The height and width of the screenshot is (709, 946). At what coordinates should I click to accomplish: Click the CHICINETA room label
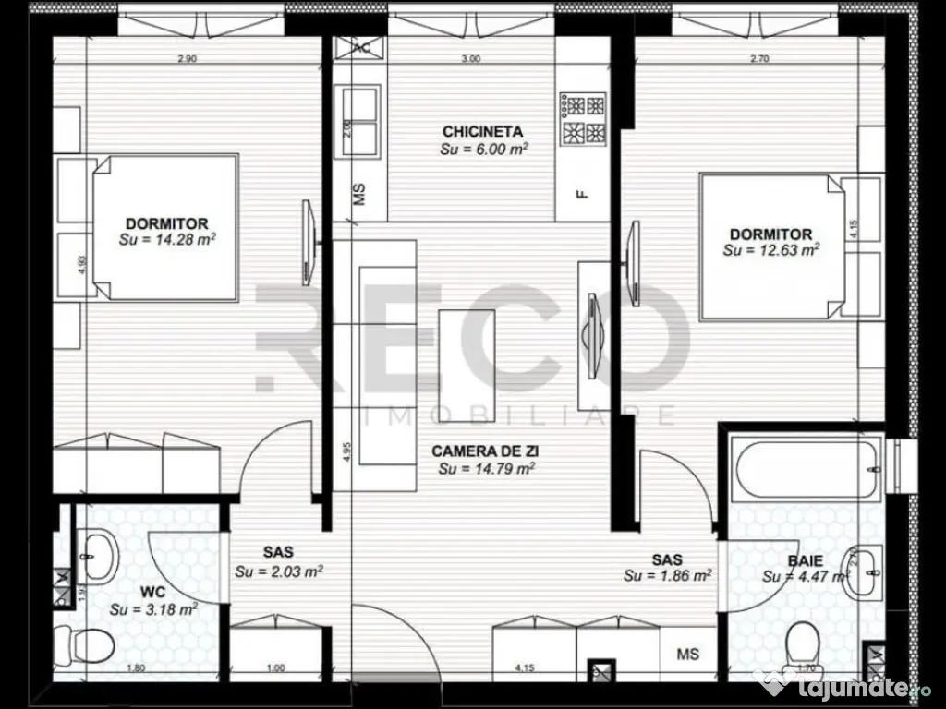point(482,131)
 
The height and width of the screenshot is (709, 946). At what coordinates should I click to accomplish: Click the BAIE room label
point(805,559)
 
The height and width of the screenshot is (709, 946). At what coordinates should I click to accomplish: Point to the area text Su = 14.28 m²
point(167,239)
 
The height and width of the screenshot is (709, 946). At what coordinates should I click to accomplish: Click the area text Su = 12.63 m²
point(770,250)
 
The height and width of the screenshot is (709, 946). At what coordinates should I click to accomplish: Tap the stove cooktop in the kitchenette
point(583,118)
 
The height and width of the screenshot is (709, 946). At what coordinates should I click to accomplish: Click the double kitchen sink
point(360,121)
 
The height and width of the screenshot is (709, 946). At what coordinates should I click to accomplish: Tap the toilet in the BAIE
point(804,643)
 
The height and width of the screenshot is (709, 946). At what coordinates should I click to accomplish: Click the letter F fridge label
point(581,194)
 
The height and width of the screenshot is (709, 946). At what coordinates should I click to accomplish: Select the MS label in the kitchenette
point(359,194)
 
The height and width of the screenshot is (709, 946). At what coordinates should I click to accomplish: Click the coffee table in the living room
point(467,365)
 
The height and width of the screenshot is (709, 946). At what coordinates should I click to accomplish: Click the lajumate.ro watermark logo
point(845,686)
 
